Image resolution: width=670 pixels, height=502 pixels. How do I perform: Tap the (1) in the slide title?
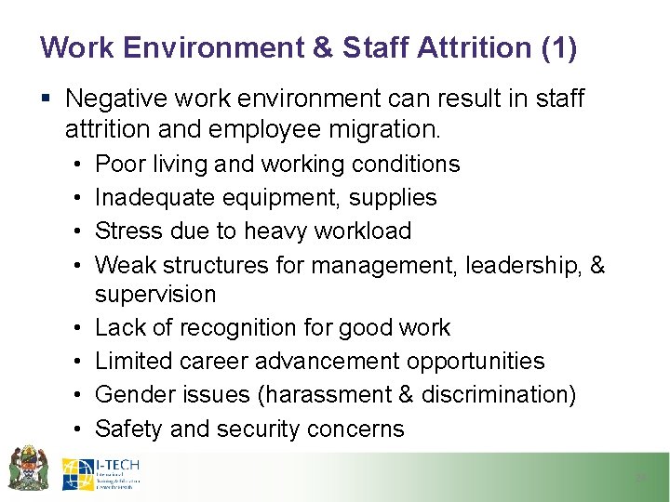(x=558, y=47)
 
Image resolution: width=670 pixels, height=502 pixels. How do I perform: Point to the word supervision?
(x=155, y=295)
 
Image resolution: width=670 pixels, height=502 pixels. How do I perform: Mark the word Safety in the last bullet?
(x=128, y=429)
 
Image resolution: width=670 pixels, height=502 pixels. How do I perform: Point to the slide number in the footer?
(x=640, y=478)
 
